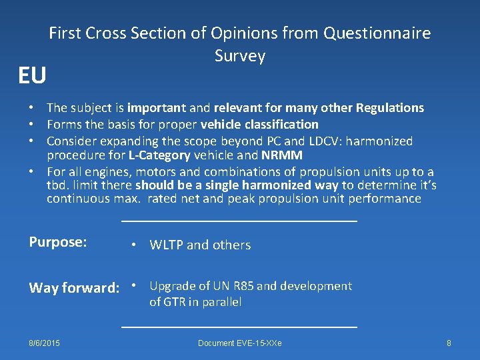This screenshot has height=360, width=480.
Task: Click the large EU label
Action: (32, 76)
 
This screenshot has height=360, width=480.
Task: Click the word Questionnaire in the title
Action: (377, 33)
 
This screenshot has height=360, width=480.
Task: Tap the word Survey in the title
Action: (240, 56)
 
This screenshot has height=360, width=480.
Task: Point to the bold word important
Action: (157, 108)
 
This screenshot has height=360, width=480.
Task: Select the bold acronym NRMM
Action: (283, 156)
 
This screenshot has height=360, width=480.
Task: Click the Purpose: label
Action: (58, 241)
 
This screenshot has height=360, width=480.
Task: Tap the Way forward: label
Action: (73, 288)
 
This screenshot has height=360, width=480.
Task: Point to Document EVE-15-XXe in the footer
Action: (239, 343)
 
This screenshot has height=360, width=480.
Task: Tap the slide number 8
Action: (449, 343)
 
